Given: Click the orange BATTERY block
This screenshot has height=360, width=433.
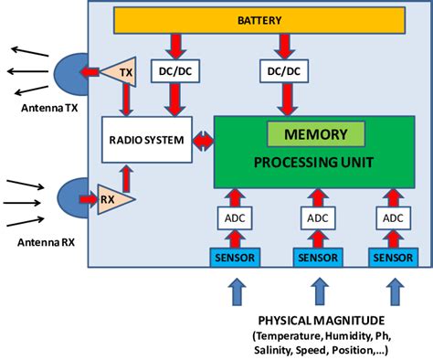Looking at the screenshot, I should point(259,19).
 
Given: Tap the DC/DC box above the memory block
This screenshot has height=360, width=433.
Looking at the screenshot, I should point(285,69).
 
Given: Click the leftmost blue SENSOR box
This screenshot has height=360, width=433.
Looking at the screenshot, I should point(236,258).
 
